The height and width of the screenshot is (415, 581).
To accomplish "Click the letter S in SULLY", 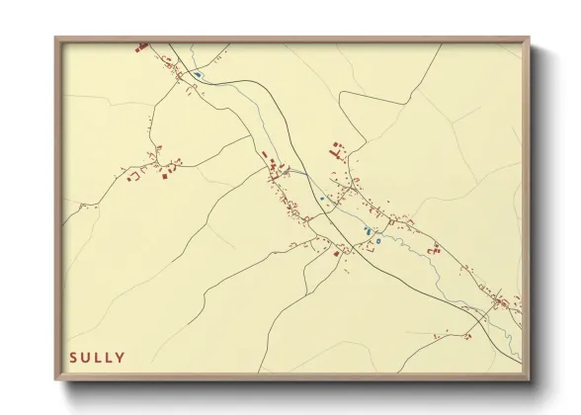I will point(72,357).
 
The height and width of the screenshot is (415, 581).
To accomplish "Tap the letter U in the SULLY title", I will point(85,357).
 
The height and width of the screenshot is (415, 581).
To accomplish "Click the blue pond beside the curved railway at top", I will point(199,74).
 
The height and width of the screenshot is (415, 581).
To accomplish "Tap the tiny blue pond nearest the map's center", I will point(321,198).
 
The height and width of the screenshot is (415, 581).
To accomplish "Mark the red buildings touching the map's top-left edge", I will point(141,45).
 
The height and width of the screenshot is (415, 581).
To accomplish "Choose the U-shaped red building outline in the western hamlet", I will point(131,176).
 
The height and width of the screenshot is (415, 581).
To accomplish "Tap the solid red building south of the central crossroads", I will point(337,254).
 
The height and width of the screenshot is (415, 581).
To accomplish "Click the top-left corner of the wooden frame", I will point(56,40).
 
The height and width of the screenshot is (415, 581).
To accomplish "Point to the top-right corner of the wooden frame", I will point(530,40).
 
